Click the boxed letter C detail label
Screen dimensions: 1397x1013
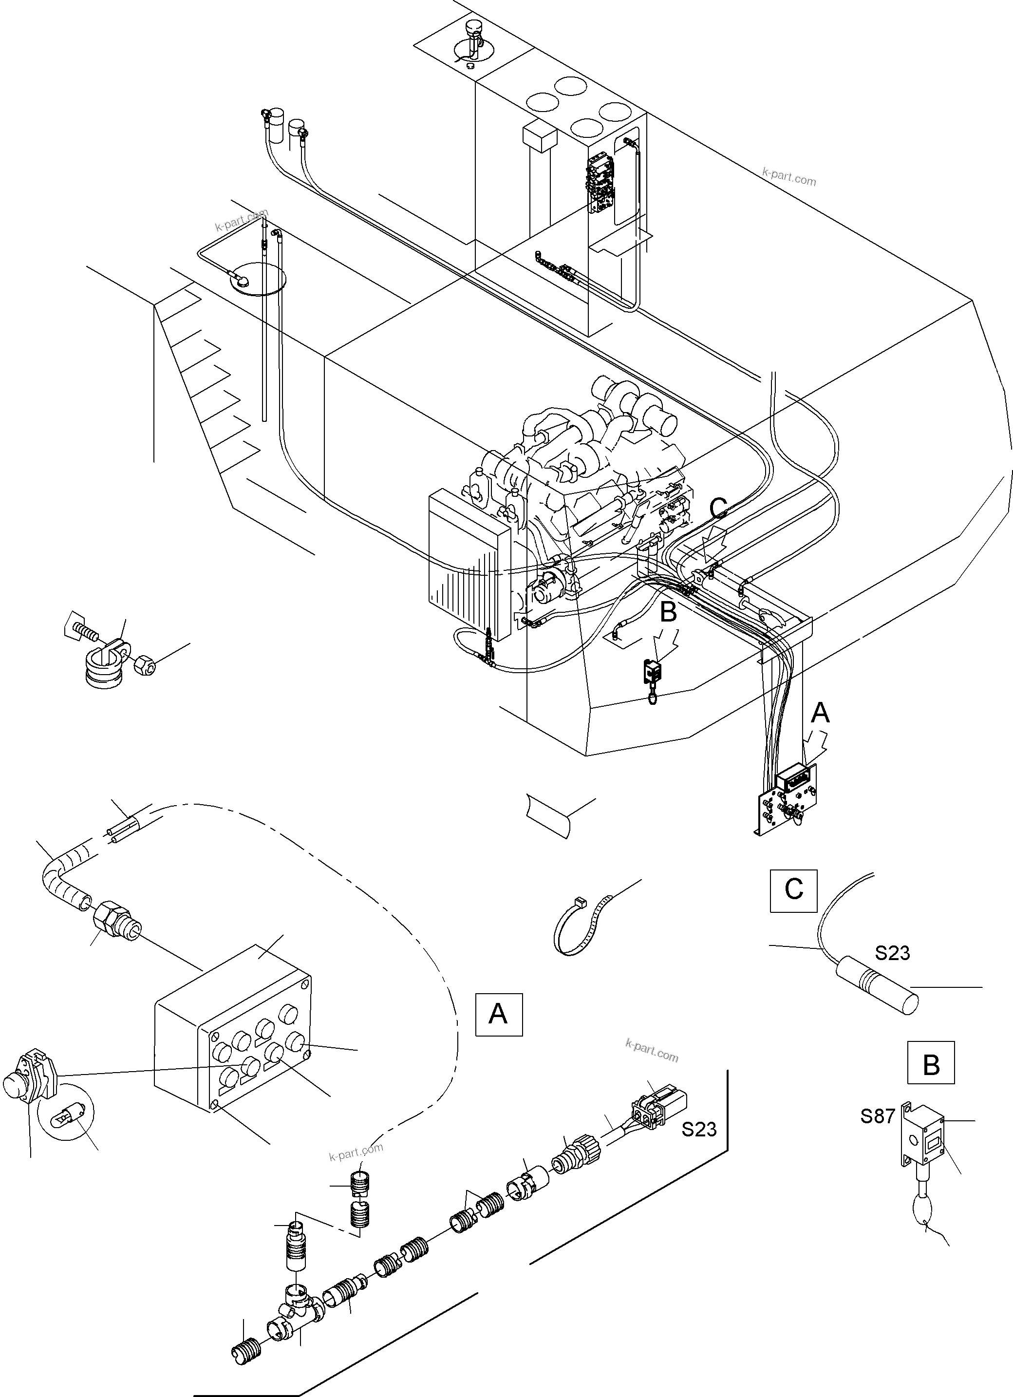click(x=793, y=890)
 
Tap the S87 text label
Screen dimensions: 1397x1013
click(x=878, y=1115)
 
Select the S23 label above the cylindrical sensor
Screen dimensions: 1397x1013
click(x=892, y=953)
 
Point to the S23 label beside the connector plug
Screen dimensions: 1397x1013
click(x=699, y=1129)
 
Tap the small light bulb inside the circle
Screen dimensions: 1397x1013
click(x=65, y=1115)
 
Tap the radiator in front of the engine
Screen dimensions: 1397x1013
click(x=468, y=557)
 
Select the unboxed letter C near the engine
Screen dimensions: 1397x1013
click(x=719, y=507)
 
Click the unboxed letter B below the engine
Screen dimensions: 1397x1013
click(x=669, y=612)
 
